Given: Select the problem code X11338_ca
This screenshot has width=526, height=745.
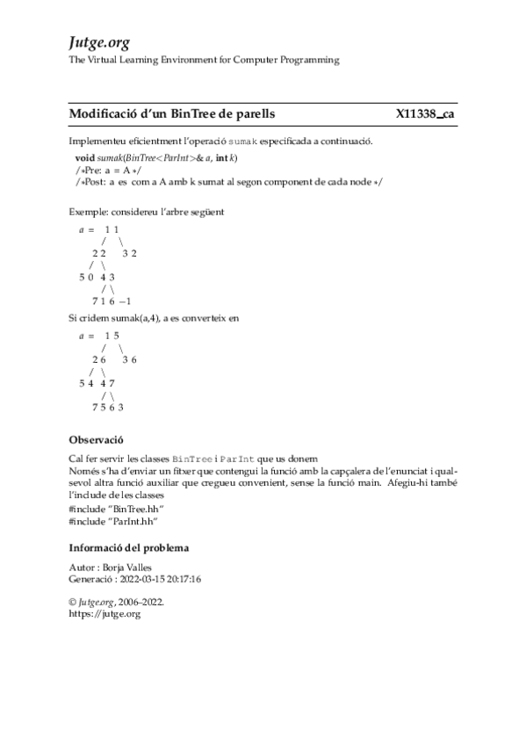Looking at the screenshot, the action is click(425, 114).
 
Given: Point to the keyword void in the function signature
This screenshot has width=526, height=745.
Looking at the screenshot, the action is click(85, 156).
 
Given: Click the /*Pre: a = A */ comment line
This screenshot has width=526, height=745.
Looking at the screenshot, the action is click(104, 169).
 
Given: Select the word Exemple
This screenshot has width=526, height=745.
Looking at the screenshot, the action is click(87, 212).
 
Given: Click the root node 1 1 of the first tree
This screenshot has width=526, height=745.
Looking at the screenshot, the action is click(112, 229).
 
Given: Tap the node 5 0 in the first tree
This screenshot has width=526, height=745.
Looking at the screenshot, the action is click(86, 278).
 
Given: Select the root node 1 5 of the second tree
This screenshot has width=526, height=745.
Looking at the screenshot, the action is click(112, 336).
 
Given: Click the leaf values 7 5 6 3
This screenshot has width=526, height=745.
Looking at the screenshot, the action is click(107, 408).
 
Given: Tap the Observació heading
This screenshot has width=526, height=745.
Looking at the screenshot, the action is click(96, 439).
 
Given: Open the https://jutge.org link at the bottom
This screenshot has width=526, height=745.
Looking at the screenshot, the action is click(104, 615).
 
